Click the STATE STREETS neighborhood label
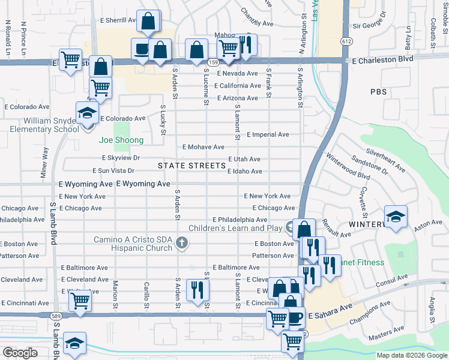coord(183,165)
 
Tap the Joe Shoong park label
coord(121,140)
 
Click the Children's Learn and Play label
coord(235,228)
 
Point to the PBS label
coord(379,92)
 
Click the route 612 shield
coord(347,40)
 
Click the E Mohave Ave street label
coord(203,147)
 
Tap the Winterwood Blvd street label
coord(348,168)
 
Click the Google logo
coord(20,353)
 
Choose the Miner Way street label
coord(44,162)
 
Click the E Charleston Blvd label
coord(382,60)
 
